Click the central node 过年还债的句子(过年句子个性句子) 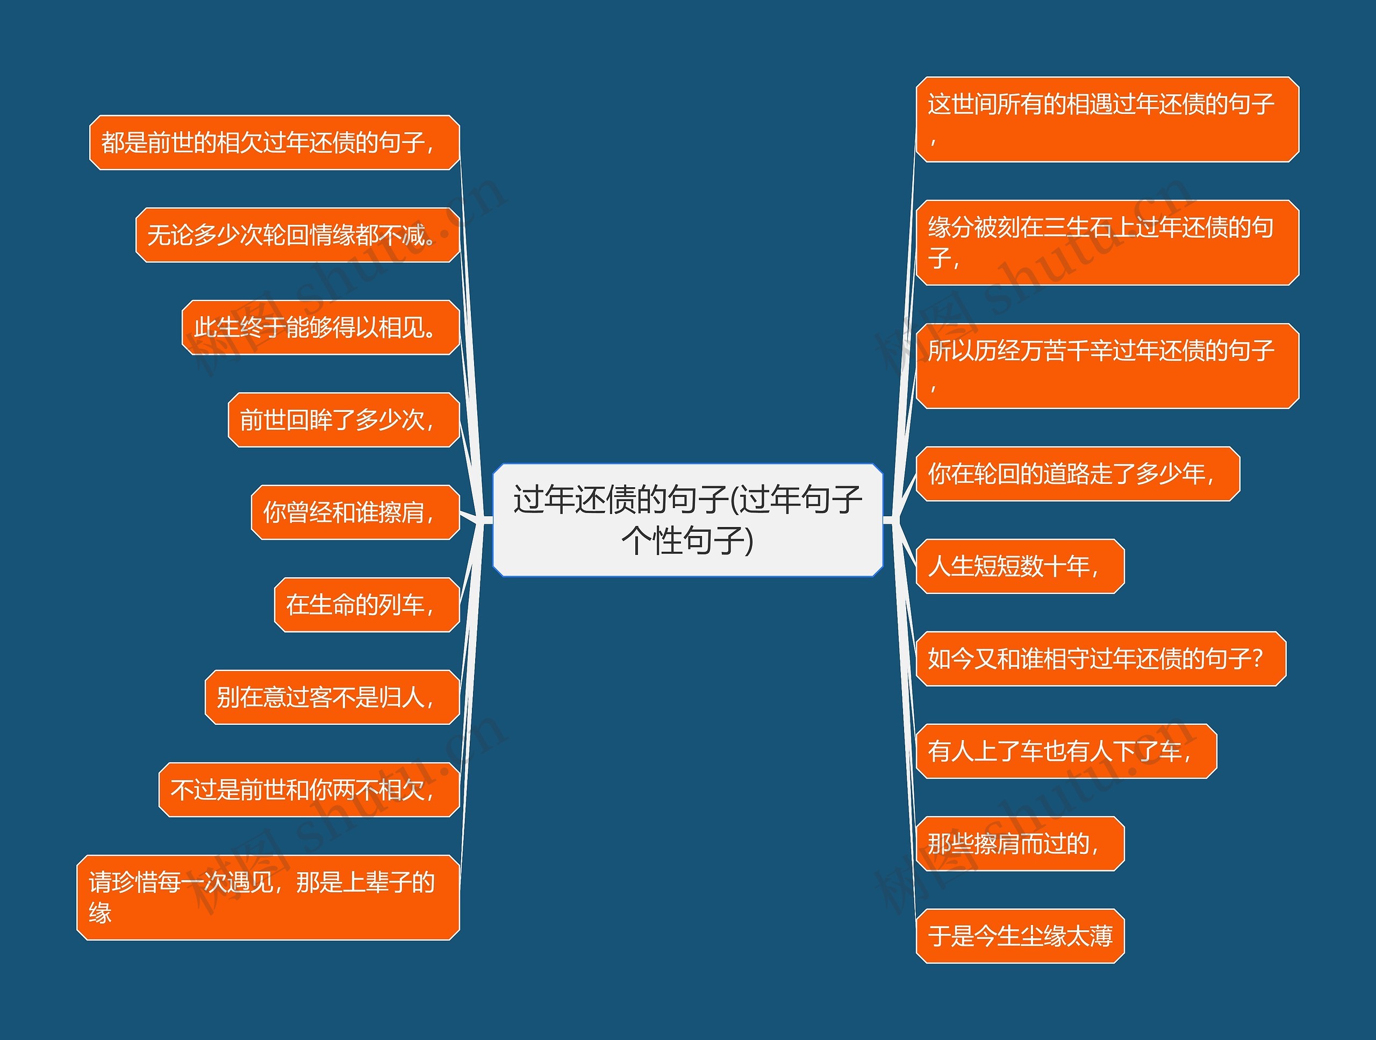click(687, 519)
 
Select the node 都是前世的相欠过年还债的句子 click(274, 143)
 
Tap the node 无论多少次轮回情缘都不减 click(297, 235)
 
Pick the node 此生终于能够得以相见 click(320, 327)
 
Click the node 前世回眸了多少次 click(343, 420)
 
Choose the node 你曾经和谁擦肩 click(355, 512)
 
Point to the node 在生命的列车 click(367, 605)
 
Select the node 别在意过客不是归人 click(332, 697)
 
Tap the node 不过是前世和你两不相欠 click(309, 790)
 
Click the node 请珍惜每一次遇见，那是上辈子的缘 click(268, 897)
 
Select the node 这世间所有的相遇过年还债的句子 click(1107, 119)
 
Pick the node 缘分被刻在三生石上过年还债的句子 click(1107, 243)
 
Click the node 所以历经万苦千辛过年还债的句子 click(1107, 366)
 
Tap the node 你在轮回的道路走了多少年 click(1077, 474)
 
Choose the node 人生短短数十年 click(1020, 566)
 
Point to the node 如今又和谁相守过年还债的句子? click(1100, 659)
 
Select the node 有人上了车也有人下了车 click(1066, 751)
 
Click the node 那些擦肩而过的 click(1020, 843)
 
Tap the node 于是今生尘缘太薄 click(1020, 936)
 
